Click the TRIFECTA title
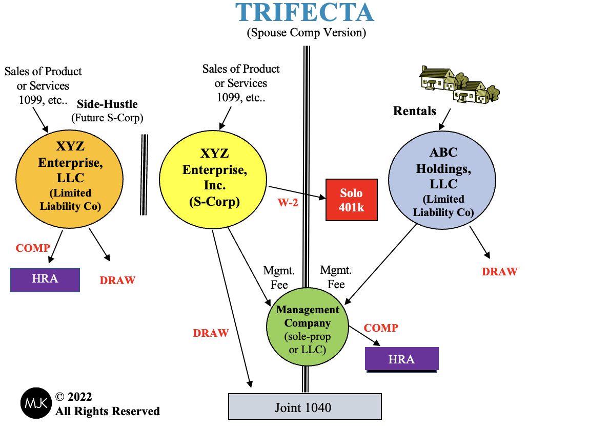(x=304, y=12)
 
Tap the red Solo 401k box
(x=352, y=200)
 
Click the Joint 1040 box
(x=304, y=407)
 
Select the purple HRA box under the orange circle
(x=45, y=279)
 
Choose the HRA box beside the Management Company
(x=401, y=359)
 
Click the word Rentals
(x=415, y=111)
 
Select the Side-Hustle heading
(x=107, y=104)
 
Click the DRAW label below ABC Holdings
(x=499, y=272)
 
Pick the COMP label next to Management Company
(x=381, y=328)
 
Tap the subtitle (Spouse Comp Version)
(x=306, y=33)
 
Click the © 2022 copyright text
(x=74, y=397)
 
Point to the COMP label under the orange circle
(x=33, y=248)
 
